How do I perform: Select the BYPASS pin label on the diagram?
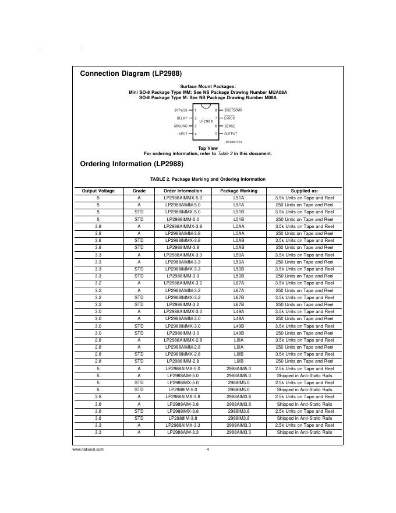[181, 110]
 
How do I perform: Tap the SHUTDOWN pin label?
[233, 110]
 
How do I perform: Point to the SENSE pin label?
[229, 126]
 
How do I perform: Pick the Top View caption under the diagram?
[207, 148]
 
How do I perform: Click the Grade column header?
[139, 191]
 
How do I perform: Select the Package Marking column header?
[238, 191]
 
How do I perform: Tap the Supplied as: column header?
[304, 191]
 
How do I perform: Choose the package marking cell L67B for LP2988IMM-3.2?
[238, 304]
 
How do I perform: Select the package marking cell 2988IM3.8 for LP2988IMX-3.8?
[238, 411]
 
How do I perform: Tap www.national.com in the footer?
[88, 449]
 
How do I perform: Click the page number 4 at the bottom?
[207, 449]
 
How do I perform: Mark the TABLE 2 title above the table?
[207, 179]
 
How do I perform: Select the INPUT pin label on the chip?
[182, 134]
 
